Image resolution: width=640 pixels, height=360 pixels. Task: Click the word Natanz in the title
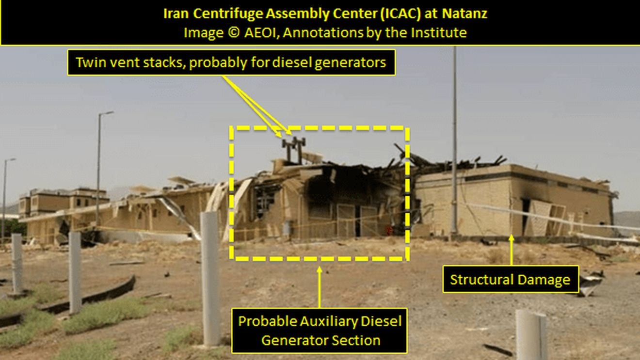pos(463,14)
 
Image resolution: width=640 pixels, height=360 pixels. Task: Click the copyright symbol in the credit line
pos(233,33)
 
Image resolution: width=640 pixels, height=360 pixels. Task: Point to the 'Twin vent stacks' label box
pos(231,63)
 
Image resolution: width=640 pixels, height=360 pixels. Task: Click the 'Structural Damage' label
pos(510,280)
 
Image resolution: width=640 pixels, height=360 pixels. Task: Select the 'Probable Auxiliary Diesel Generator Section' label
pos(319,330)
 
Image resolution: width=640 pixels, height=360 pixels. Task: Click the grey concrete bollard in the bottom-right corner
pos(531,335)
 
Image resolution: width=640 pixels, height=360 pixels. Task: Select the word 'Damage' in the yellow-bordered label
pos(543,280)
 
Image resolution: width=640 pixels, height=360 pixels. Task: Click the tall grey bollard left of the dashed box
pos(210,276)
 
